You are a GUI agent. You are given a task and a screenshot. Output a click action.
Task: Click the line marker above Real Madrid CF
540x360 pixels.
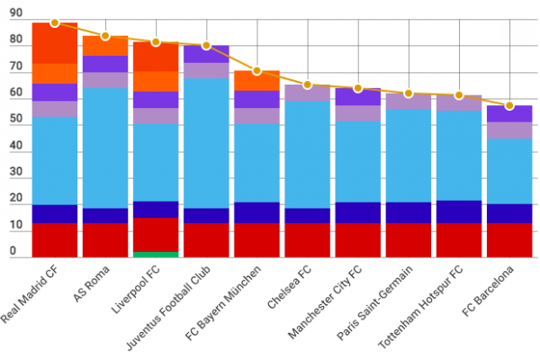[55, 22]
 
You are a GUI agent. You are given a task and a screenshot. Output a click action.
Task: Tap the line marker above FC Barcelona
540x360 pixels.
[509, 105]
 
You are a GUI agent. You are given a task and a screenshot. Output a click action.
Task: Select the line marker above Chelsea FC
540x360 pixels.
[308, 85]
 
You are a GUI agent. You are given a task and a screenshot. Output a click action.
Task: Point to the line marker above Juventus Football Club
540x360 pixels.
[206, 46]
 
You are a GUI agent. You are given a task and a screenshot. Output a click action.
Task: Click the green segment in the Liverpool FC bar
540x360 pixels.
[156, 255]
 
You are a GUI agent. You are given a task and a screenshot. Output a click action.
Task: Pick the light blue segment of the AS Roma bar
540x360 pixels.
[105, 148]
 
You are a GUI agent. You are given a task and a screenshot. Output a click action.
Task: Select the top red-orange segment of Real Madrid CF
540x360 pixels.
[55, 43]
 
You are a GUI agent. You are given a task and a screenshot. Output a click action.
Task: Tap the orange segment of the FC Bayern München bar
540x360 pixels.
[256, 80]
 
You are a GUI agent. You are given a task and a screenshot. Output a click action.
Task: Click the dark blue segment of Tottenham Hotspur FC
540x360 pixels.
[459, 211]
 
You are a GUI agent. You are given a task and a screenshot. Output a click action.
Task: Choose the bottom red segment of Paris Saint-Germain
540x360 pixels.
[409, 240]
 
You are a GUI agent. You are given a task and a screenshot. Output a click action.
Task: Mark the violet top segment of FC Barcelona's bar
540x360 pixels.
[509, 113]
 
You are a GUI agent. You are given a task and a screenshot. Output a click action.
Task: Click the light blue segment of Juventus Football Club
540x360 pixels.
[206, 143]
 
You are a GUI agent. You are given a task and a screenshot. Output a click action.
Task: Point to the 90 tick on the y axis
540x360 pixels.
[16, 13]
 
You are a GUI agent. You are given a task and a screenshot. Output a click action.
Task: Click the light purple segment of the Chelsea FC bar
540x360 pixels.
[308, 93]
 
